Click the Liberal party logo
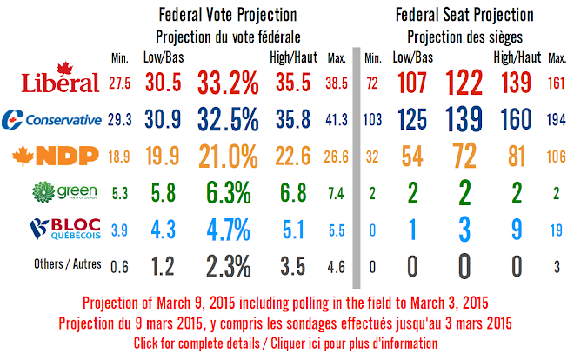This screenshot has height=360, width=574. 53,81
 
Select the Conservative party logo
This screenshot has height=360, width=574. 52,119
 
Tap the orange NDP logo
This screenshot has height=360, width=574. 52,157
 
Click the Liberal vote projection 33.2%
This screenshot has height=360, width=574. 229,83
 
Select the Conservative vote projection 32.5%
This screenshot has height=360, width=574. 229,120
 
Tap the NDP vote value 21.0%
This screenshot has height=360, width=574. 229,157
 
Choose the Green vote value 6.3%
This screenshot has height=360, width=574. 229,193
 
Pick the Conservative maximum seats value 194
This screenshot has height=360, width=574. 556,120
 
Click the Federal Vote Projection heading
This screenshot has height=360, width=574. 228,16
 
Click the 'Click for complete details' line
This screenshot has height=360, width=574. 286,343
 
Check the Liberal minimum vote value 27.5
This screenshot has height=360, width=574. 120,83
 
